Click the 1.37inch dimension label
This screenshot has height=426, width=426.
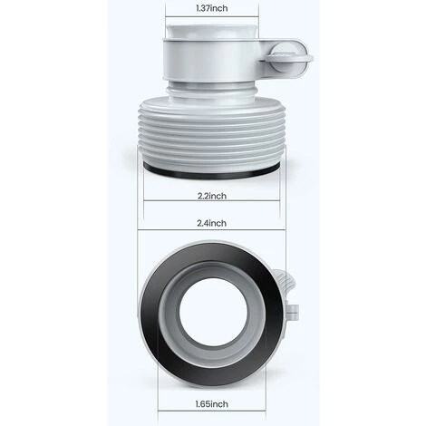pyautogui.click(x=212, y=8)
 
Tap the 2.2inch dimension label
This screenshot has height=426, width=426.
pyautogui.click(x=212, y=196)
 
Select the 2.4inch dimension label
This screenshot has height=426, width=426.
pyautogui.click(x=211, y=223)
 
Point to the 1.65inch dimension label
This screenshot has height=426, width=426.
pyautogui.click(x=211, y=403)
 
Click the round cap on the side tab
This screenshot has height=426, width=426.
pyautogui.click(x=288, y=57)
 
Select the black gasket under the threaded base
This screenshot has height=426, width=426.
pyautogui.click(x=211, y=173)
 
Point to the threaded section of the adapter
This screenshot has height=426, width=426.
pyautogui.click(x=211, y=133)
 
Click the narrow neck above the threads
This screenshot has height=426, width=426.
pyautogui.click(x=211, y=89)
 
